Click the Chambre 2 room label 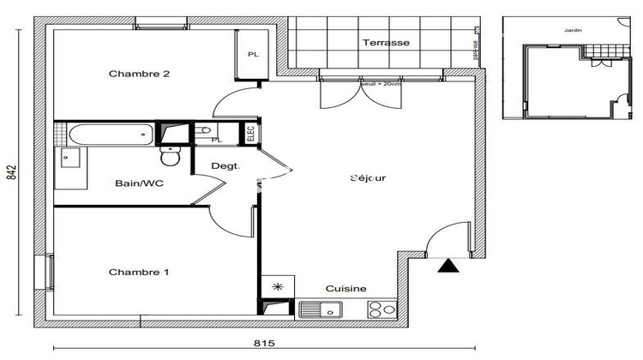tap(139, 74)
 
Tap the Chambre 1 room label tap(139, 273)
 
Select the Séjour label tap(368, 178)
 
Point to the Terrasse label tap(385, 42)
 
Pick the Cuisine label tap(346, 289)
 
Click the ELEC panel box tap(249, 133)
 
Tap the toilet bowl tap(170, 156)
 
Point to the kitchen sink tap(322, 309)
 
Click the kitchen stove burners tap(381, 309)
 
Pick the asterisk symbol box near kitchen tap(276, 287)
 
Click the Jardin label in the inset tap(572, 30)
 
